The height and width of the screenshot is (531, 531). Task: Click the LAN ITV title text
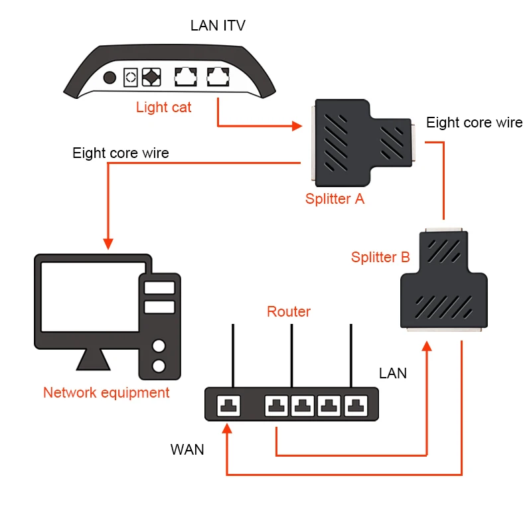[x=218, y=27]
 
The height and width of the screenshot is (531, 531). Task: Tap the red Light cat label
[x=163, y=107]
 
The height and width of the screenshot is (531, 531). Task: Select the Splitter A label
[x=335, y=198]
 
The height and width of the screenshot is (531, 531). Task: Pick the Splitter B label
[x=380, y=258]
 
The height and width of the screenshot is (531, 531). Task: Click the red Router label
[x=288, y=311]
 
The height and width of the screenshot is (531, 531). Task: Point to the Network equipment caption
[x=106, y=392]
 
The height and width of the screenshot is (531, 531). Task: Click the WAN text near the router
[x=187, y=449]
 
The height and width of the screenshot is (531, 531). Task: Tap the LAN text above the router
[x=392, y=374]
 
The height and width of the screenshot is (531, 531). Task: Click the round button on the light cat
[x=109, y=77]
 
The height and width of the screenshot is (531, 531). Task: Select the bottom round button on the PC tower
[x=158, y=366]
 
